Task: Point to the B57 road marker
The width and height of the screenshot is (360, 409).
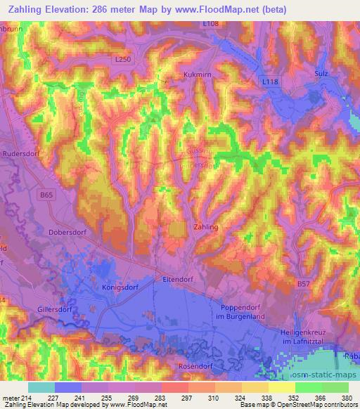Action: pyautogui.click(x=303, y=284)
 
